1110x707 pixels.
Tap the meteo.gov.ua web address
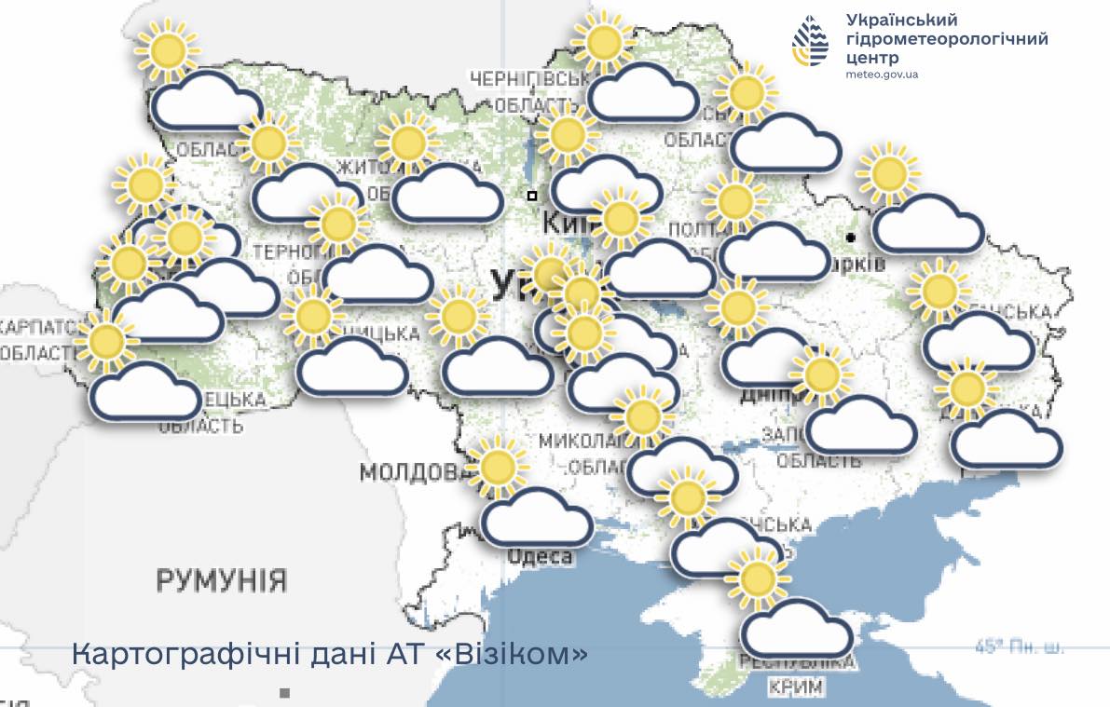(883, 74)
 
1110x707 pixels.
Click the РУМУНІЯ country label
(221, 580)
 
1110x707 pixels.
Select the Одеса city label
(541, 556)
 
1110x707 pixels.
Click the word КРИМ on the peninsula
(798, 687)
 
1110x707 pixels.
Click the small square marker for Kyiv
(531, 196)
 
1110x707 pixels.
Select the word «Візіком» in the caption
(512, 654)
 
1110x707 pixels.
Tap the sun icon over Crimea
(757, 578)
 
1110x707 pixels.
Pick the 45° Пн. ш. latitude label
(1019, 646)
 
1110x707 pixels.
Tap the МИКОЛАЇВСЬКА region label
(578, 440)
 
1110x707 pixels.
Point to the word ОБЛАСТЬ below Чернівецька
(200, 426)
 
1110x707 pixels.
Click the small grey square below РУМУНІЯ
(285, 693)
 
